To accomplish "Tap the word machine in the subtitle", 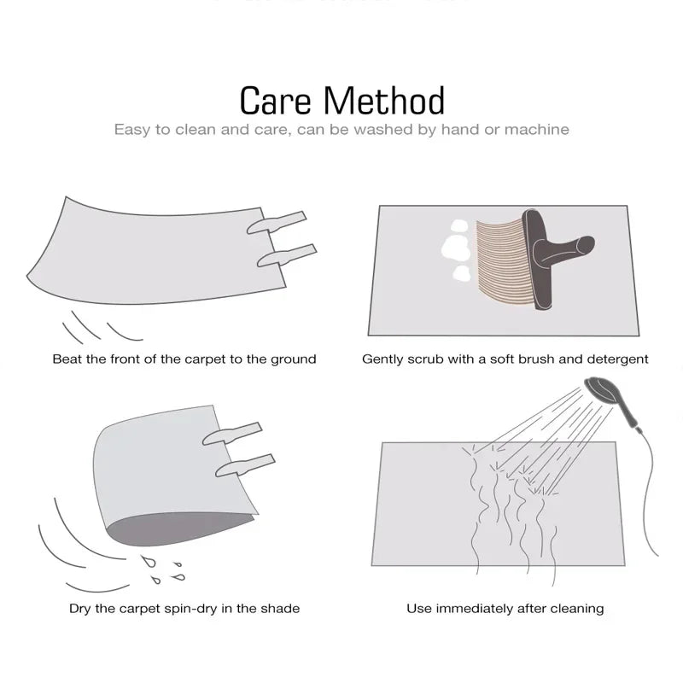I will click(x=535, y=130).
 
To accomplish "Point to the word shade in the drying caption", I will click(x=277, y=609).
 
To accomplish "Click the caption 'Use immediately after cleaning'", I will click(x=505, y=609).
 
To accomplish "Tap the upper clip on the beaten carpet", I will click(x=277, y=222).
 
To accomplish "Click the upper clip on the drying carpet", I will click(x=231, y=433).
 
